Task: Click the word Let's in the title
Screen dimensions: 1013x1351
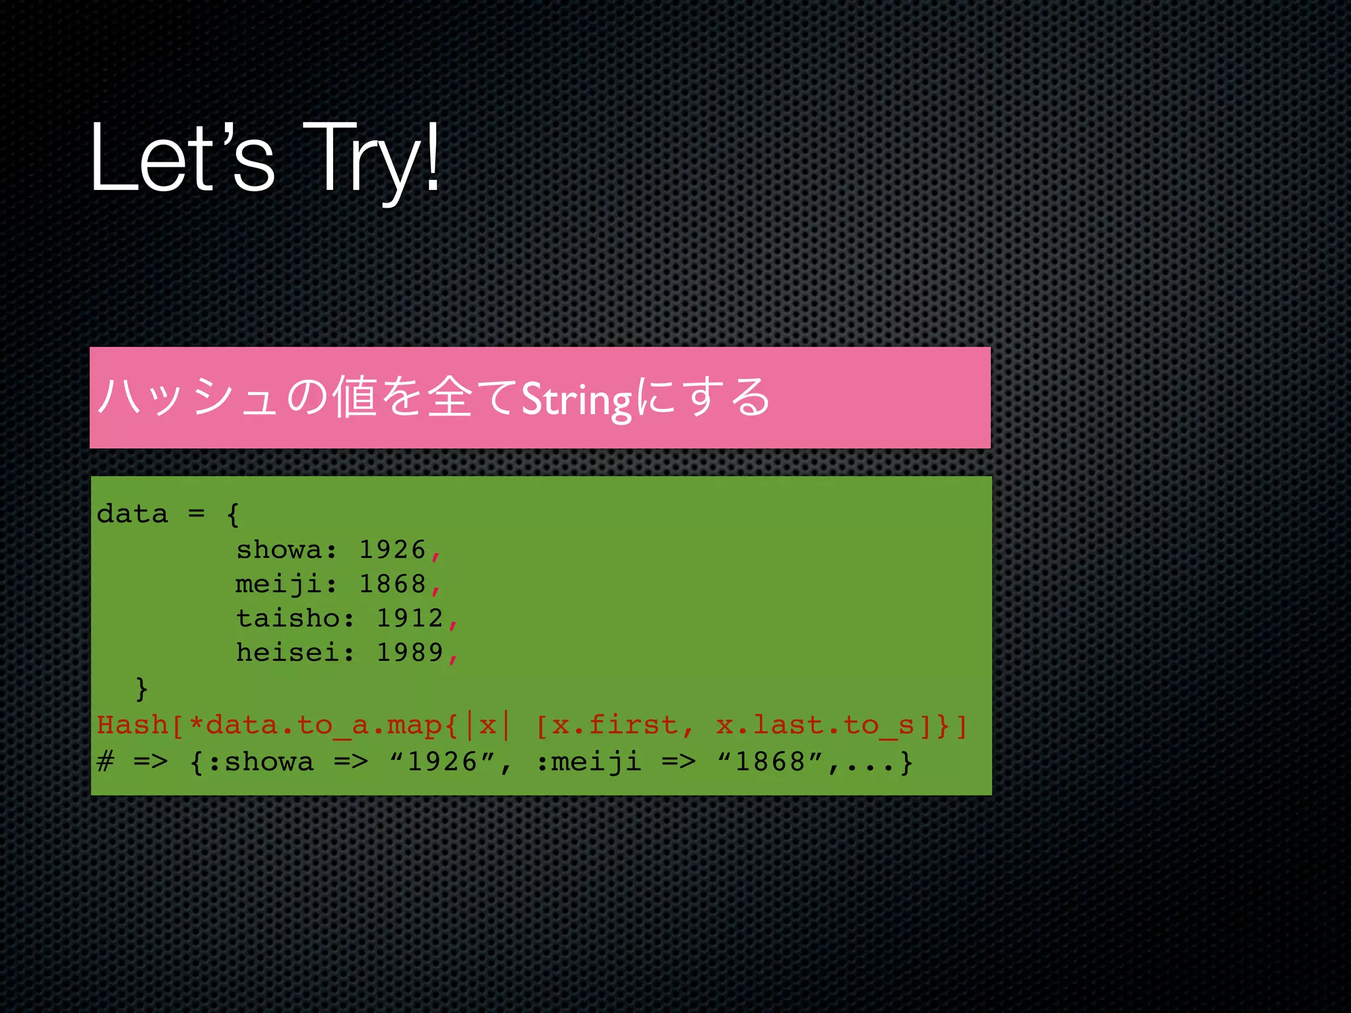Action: coord(181,158)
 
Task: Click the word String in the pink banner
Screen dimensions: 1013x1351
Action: coord(577,400)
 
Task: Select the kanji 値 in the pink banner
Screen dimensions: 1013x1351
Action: coord(354,397)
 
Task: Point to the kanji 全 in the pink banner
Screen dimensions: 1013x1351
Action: coord(450,397)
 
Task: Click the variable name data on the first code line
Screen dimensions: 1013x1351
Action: coord(133,514)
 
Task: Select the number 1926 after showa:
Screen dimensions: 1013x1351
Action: coord(393,550)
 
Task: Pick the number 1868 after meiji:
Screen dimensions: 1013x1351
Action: coord(393,584)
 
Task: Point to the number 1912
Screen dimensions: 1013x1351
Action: coord(410,619)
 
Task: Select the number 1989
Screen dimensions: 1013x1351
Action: coord(410,653)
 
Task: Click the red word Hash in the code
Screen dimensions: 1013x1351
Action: coord(132,725)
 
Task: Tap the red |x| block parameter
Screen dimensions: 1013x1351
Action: coord(487,725)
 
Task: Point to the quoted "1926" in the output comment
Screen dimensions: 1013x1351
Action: coord(443,762)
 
